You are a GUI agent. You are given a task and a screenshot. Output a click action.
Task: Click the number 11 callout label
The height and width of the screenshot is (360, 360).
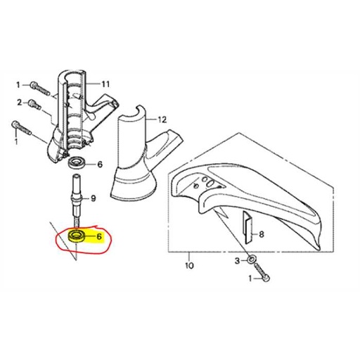click(105, 84)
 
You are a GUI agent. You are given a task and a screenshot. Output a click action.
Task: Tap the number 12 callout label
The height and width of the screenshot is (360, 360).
click(162, 120)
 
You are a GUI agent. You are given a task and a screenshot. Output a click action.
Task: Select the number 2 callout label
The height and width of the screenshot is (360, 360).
click(20, 103)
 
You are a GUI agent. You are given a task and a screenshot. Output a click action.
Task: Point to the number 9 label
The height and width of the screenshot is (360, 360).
click(94, 199)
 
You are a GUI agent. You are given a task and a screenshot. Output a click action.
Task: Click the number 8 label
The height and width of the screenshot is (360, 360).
click(262, 234)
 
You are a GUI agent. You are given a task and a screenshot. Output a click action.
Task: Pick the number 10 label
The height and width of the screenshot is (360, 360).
click(189, 266)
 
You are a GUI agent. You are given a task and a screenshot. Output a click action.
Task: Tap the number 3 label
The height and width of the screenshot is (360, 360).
click(238, 261)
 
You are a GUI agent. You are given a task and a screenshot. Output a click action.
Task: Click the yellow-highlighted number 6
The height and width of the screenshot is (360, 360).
click(99, 237)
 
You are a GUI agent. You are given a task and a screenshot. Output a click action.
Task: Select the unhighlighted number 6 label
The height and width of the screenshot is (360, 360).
click(100, 165)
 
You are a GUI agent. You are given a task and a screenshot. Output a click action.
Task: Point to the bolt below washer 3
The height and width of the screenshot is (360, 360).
click(262, 272)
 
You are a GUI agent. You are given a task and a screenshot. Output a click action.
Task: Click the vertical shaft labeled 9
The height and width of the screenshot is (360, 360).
click(76, 200)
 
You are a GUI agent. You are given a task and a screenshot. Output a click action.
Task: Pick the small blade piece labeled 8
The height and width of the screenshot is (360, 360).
click(247, 226)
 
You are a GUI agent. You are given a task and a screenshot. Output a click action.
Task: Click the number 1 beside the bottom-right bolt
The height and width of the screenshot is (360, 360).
click(250, 278)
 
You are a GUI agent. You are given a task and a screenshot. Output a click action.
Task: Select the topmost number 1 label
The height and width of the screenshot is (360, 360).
click(18, 85)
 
